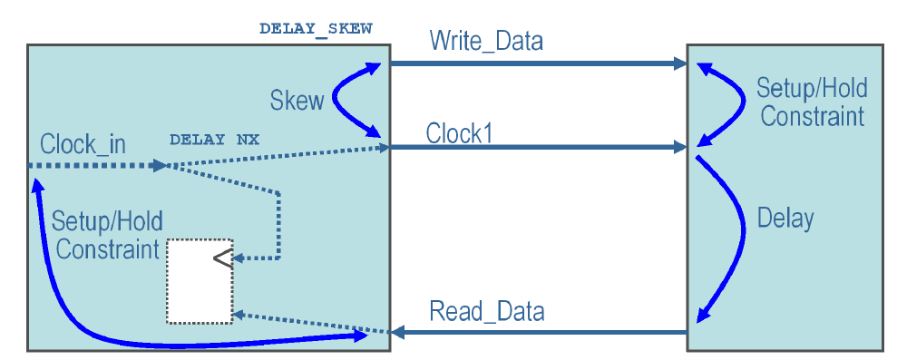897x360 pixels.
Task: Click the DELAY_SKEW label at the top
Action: click(315, 28)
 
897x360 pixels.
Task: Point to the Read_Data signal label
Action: click(487, 312)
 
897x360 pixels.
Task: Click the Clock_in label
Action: click(83, 144)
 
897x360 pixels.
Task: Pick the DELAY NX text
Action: click(215, 141)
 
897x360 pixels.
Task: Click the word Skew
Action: click(297, 101)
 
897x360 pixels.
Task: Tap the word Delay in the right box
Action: click(785, 219)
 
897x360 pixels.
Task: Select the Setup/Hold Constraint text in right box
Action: click(812, 102)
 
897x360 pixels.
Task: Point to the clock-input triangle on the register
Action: click(222, 258)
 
